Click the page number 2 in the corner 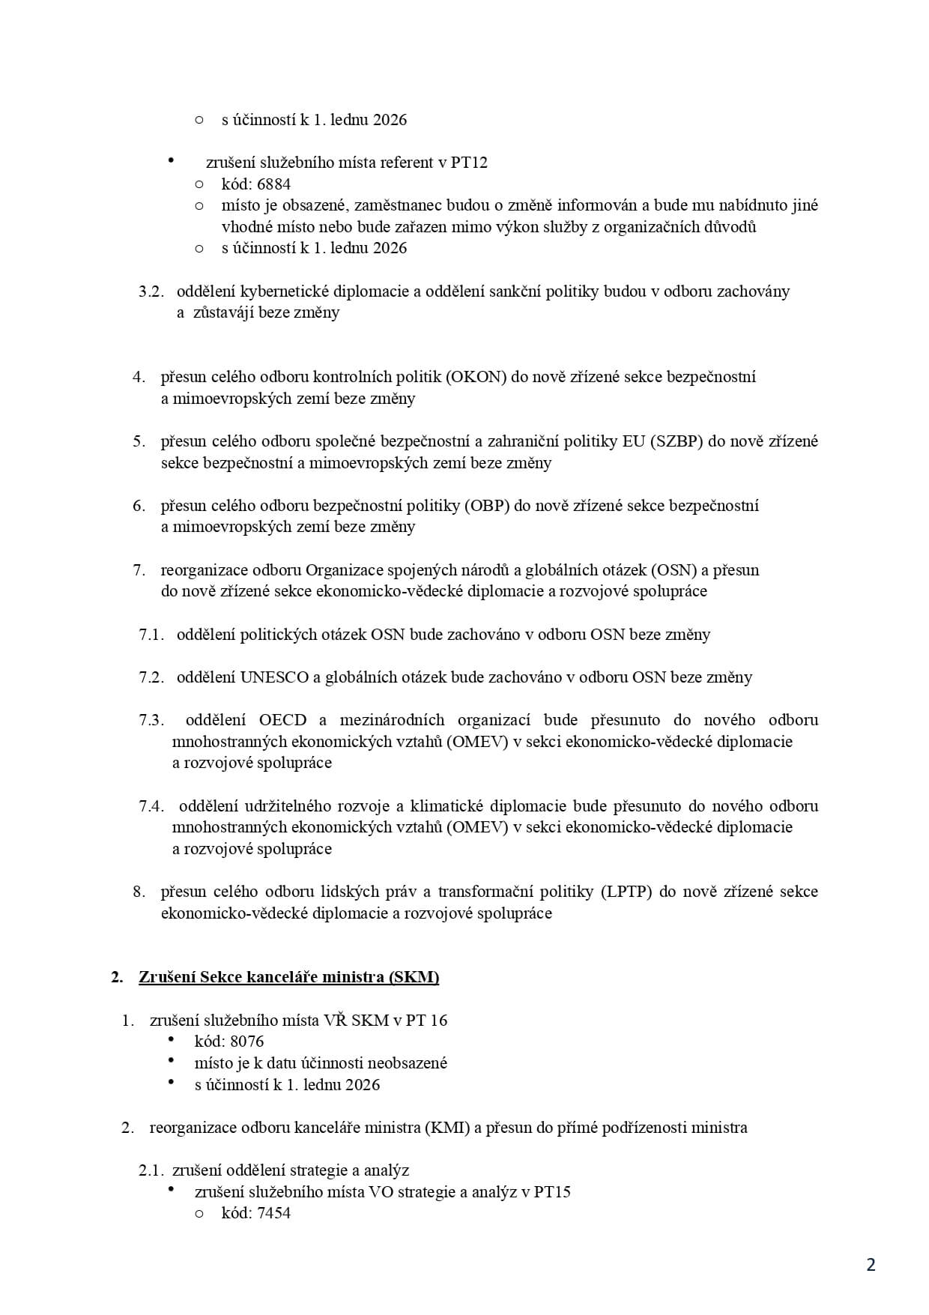tap(871, 1266)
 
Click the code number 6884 tap(273, 184)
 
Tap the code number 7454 tap(273, 1213)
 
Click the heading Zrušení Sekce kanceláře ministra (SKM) tap(288, 977)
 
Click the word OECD tap(283, 720)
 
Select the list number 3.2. tap(151, 291)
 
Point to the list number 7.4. tap(151, 806)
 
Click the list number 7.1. tap(151, 635)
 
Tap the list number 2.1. tap(153, 1170)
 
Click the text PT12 tap(469, 163)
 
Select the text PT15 tap(552, 1191)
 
